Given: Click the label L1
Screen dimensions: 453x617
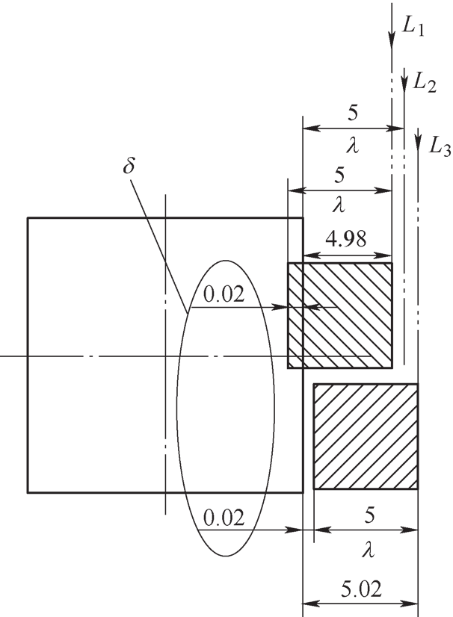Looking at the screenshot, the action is [413, 28].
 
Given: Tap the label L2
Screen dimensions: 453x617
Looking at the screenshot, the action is [425, 84].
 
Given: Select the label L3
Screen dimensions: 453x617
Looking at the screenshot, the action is [440, 148].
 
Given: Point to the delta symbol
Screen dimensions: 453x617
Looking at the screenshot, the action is [129, 166].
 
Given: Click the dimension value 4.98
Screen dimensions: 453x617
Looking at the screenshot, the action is [346, 238].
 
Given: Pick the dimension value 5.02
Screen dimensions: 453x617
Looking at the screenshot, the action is [361, 589].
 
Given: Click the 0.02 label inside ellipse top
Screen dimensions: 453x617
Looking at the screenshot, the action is [224, 294].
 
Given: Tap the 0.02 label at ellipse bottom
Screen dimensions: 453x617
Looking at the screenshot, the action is [224, 518].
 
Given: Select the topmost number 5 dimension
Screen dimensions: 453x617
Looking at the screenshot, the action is [353, 114].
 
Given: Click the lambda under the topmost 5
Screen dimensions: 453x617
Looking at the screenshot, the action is [353, 146].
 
